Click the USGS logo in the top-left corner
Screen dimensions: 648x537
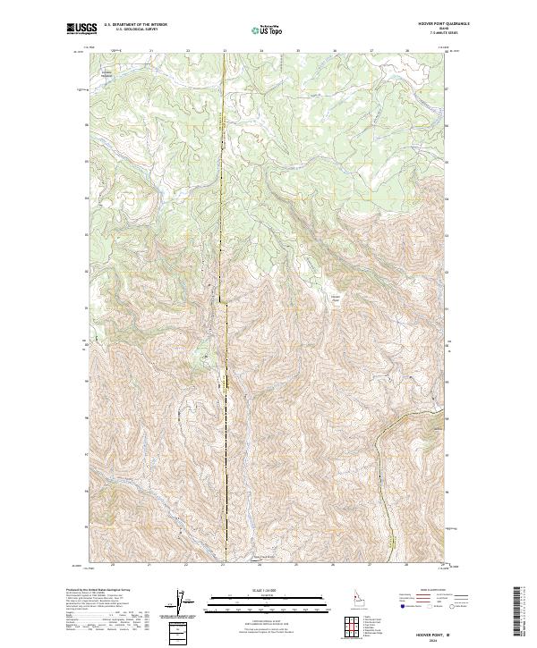click(81, 29)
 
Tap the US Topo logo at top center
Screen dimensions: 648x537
click(268, 30)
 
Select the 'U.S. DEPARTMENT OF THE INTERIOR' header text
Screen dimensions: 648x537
click(135, 26)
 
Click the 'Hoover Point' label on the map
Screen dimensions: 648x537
click(337, 299)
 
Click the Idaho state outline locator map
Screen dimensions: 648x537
click(356, 598)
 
